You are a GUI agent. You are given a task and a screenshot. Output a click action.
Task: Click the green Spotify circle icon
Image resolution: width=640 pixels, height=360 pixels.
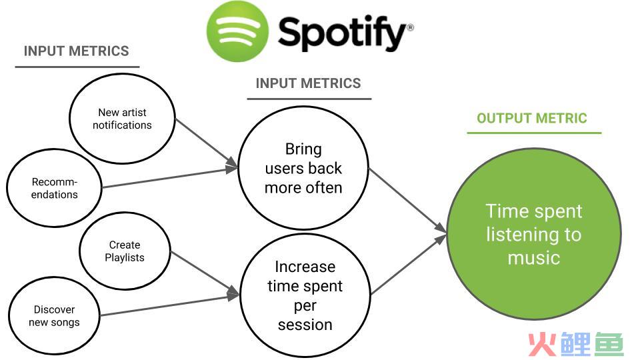click(x=237, y=31)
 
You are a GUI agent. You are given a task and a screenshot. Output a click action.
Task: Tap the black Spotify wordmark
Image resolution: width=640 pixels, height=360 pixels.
click(x=342, y=33)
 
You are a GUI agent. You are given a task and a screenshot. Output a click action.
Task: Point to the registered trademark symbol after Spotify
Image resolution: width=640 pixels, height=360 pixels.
click(x=411, y=28)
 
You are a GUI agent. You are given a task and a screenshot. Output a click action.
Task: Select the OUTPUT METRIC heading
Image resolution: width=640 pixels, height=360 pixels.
click(x=532, y=119)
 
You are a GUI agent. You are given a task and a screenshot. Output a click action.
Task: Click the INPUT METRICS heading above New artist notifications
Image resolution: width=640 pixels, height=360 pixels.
click(x=76, y=51)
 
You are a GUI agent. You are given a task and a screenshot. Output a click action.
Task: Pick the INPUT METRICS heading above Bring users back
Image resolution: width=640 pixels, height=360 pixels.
click(x=308, y=83)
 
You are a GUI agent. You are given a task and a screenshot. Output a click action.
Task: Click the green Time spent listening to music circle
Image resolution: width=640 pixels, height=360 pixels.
click(x=534, y=234)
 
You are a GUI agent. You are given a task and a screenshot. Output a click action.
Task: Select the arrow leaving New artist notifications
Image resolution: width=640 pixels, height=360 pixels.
click(x=207, y=143)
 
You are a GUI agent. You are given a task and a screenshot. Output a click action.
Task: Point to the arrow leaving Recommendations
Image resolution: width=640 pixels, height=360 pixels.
click(x=170, y=177)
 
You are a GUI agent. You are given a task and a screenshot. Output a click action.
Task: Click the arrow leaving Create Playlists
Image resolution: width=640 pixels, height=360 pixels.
click(x=205, y=273)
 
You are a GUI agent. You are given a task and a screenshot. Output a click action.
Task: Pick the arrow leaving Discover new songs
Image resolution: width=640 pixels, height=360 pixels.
click(x=170, y=305)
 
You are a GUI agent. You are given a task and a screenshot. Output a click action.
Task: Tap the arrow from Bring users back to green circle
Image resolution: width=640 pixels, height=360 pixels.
click(x=408, y=201)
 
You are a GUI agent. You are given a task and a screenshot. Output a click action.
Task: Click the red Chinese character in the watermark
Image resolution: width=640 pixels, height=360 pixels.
click(x=543, y=345)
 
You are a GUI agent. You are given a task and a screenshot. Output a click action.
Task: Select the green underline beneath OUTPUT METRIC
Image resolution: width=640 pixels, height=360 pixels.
click(x=534, y=133)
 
